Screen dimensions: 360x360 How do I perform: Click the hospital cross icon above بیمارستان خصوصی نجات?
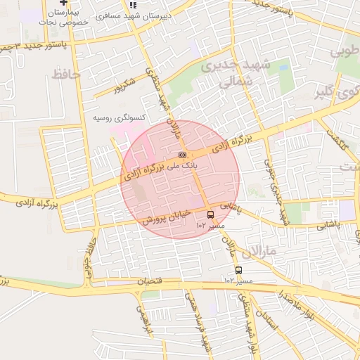pyautogui.click(x=64, y=3)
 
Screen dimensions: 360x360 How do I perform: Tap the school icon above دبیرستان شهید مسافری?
pyautogui.click(x=132, y=4)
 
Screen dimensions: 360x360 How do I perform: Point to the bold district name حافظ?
pyautogui.click(x=66, y=73)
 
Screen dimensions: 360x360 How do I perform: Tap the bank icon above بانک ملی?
pyautogui.click(x=182, y=155)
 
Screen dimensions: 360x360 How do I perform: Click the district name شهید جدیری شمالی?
pyautogui.click(x=226, y=75)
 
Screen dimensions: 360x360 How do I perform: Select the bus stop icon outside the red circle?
pyautogui.click(x=238, y=270)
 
